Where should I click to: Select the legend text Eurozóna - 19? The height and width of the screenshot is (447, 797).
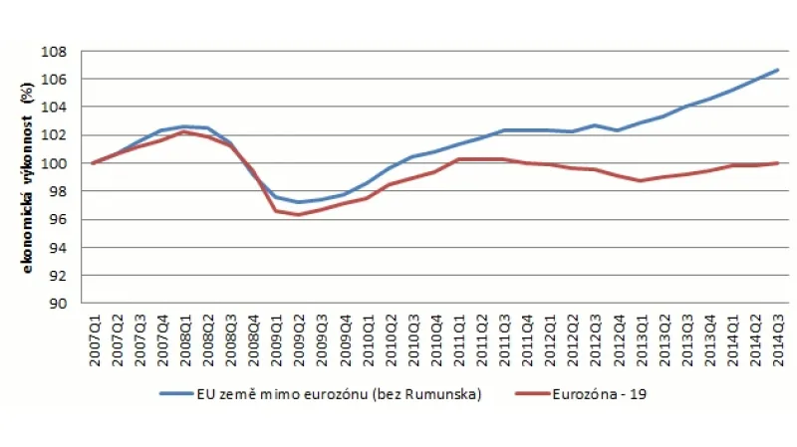(x=605, y=393)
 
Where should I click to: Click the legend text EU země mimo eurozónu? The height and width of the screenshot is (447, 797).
(x=289, y=393)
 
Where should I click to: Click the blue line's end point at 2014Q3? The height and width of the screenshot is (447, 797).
(x=778, y=70)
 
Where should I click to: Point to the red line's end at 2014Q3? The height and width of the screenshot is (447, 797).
(x=778, y=163)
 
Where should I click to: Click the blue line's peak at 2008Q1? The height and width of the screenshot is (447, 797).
(x=184, y=126)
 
